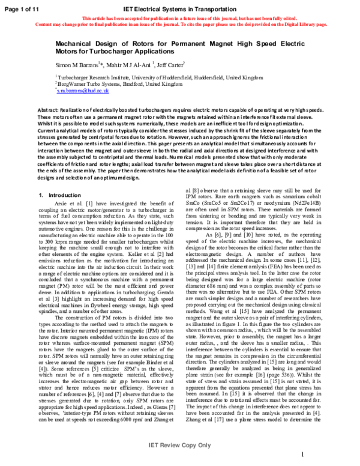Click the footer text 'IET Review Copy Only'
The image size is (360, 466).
pyautogui.click(x=179, y=446)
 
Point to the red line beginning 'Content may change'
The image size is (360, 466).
pyautogui.click(x=179, y=25)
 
